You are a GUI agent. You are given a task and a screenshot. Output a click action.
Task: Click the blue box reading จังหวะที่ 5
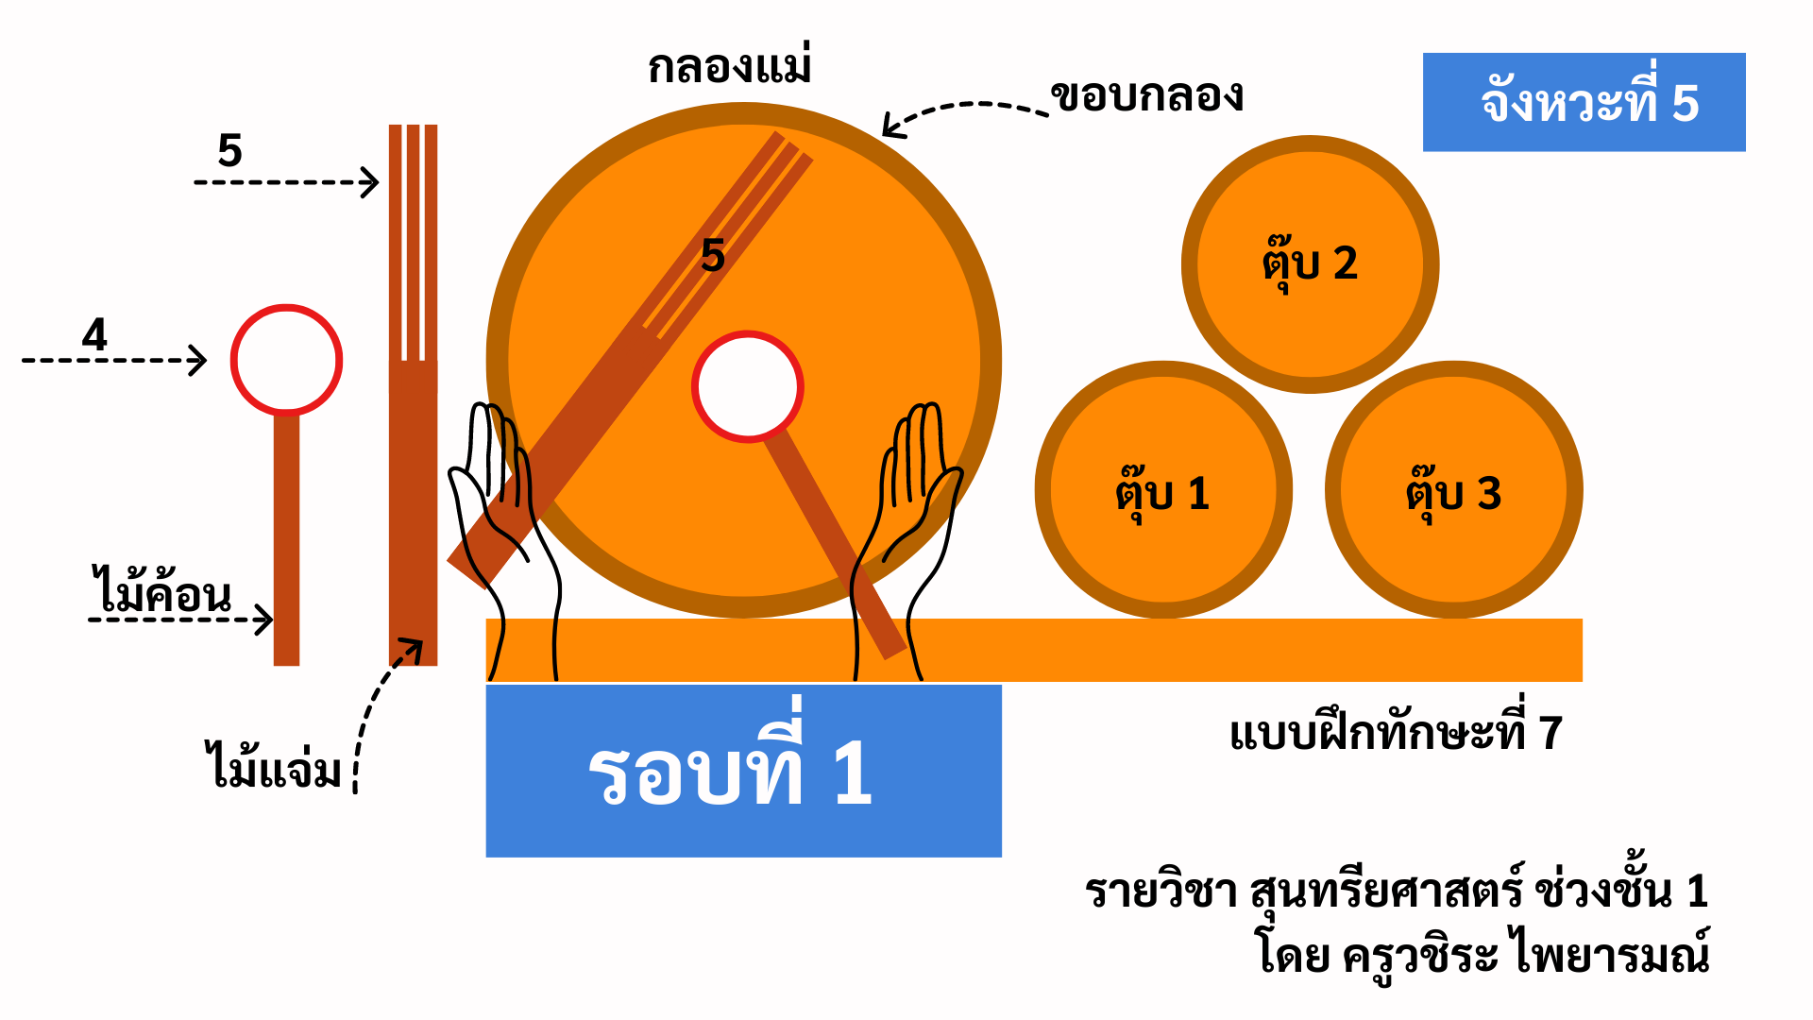pos(1584,102)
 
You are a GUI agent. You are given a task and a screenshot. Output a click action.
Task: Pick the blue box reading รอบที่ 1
pos(743,771)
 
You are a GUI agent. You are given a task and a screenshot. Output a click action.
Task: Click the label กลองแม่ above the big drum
pos(729,67)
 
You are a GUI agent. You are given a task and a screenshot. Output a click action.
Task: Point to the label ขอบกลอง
pos(1147,95)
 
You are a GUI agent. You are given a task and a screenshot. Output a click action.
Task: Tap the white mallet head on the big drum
pos(747,386)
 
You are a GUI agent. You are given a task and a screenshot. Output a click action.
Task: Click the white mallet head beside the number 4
pos(286,360)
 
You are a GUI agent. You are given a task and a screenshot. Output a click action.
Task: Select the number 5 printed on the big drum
pos(713,255)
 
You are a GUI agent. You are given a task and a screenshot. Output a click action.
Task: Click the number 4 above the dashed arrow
pos(94,334)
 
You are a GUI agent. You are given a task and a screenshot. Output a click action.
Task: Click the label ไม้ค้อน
pos(161,593)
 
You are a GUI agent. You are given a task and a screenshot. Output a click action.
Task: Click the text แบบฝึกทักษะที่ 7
pos(1396,733)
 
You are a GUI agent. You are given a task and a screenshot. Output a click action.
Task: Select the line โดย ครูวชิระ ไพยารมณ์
pos(1483,952)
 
